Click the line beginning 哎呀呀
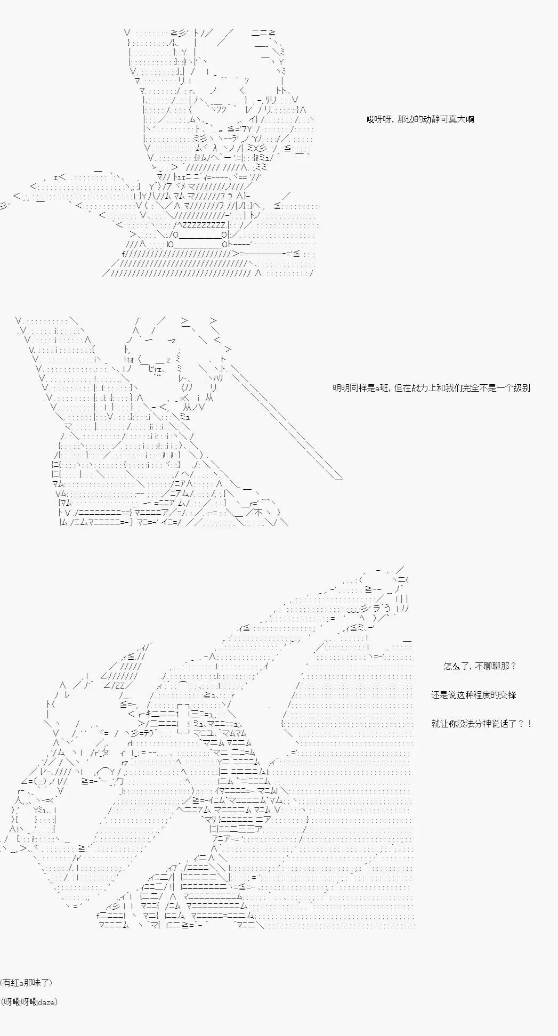[420, 119]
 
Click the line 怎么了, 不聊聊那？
[480, 666]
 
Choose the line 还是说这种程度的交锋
[473, 695]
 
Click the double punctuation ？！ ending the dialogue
[524, 724]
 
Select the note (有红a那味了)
[27, 983]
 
